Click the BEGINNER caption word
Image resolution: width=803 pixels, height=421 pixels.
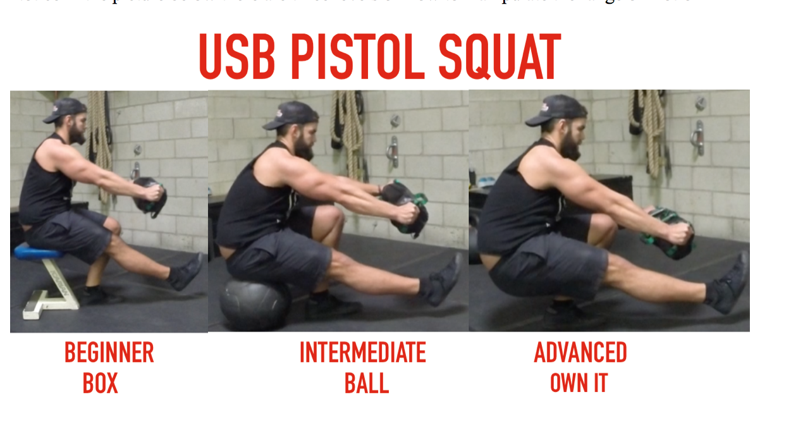tap(109, 353)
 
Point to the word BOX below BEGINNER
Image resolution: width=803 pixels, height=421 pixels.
tap(100, 383)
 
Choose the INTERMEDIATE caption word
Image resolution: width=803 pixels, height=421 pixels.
tap(362, 353)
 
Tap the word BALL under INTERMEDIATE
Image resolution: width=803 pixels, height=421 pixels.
tap(366, 383)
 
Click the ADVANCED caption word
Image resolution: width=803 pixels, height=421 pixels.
tap(580, 353)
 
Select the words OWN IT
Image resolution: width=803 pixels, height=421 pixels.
tap(578, 383)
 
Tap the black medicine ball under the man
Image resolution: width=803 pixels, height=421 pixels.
tap(254, 303)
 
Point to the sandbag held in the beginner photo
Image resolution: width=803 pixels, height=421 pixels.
tap(149, 195)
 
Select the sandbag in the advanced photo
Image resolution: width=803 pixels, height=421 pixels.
tap(667, 233)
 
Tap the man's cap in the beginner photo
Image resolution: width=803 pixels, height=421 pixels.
tap(65, 109)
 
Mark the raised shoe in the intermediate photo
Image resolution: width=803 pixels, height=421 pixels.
tap(444, 281)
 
